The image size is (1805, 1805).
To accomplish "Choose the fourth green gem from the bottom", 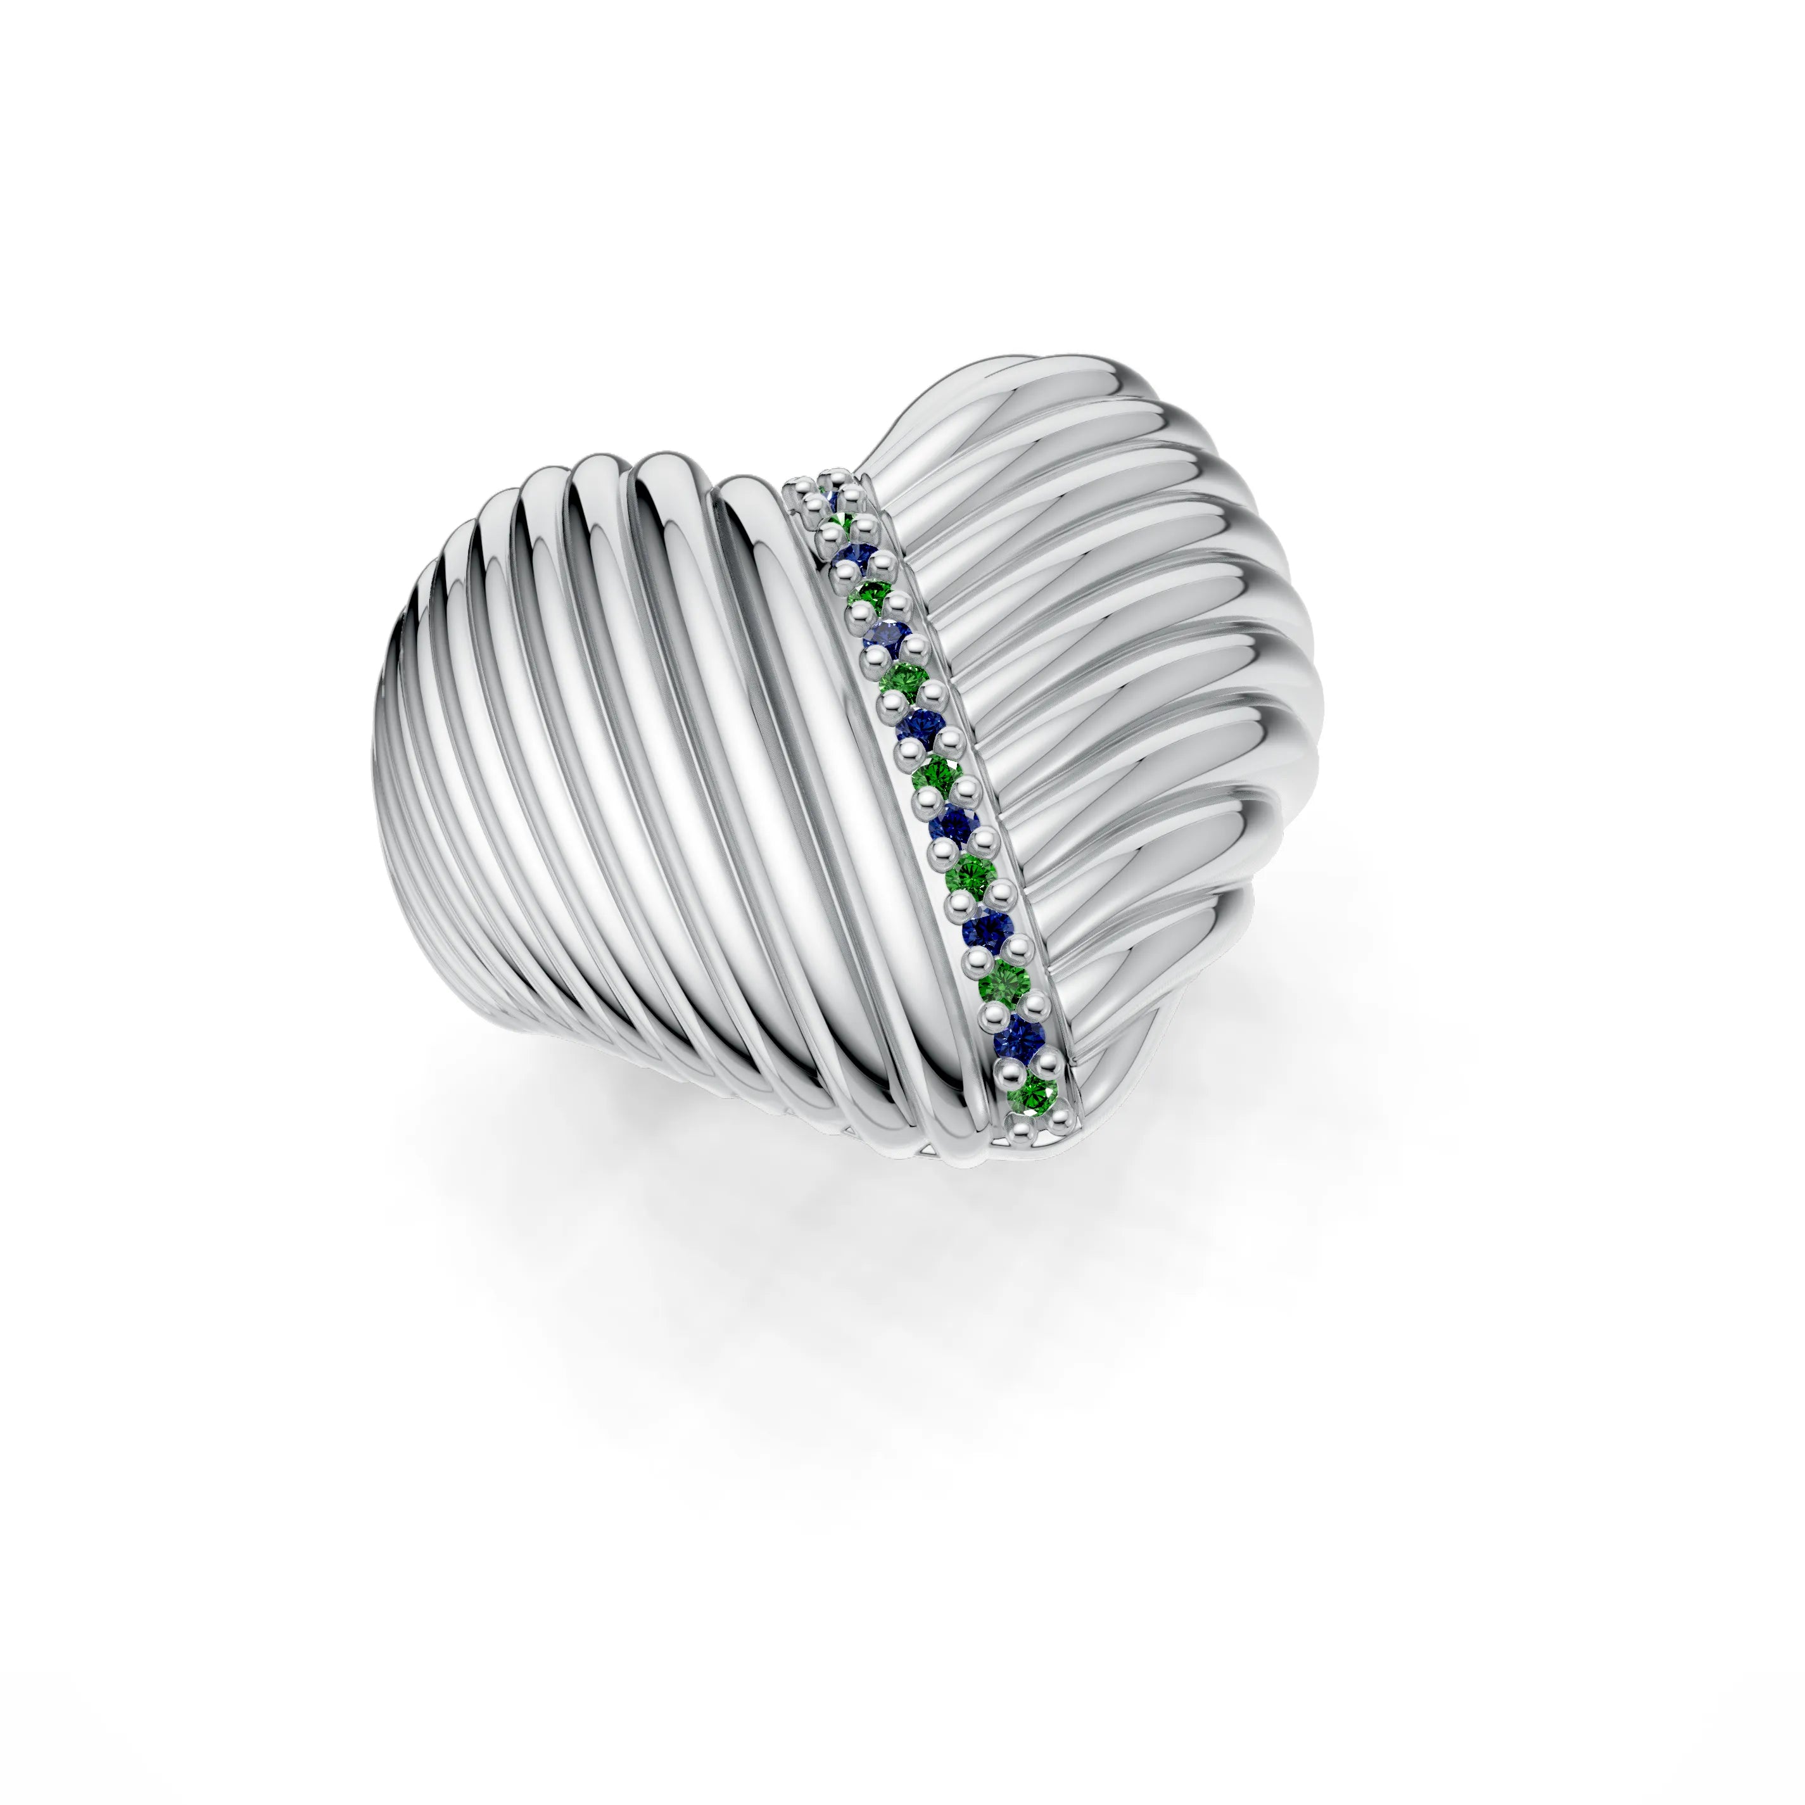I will coord(937,773).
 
